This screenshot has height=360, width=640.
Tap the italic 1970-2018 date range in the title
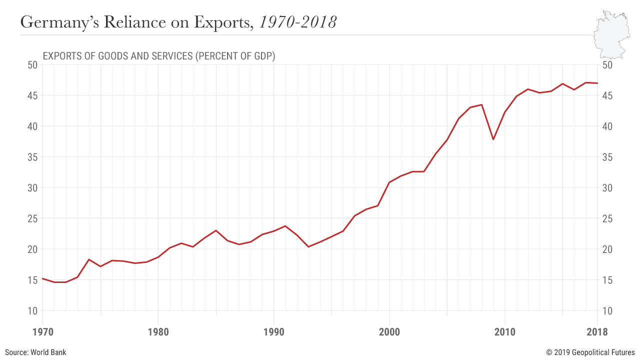(297, 22)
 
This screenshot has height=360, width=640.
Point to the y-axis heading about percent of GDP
(159, 56)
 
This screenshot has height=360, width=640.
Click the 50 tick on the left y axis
(32, 65)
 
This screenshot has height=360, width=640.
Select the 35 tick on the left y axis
(32, 157)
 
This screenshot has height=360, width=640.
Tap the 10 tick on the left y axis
(32, 310)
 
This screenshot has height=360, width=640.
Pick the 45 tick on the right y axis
(608, 95)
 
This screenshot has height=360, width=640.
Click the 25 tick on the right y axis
(608, 218)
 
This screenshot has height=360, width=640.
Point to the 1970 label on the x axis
(42, 332)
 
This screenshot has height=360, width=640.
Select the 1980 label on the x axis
(158, 332)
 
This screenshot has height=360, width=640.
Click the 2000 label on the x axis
(389, 332)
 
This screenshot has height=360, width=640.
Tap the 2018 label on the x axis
(597, 332)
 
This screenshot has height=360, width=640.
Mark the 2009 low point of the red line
(493, 139)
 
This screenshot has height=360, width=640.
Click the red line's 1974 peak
(89, 259)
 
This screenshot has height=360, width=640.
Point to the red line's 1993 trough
(308, 246)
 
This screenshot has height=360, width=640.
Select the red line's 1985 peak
(216, 230)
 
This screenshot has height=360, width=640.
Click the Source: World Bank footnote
(35, 352)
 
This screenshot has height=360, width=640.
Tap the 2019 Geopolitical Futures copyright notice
(590, 352)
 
